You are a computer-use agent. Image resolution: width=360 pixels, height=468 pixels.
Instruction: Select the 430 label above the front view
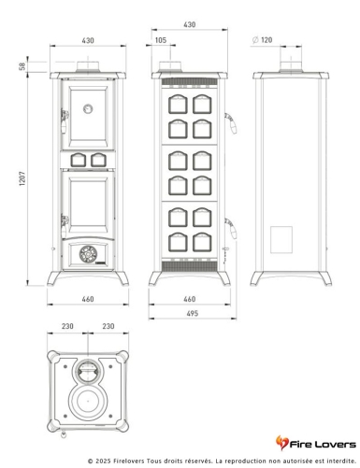[x=89, y=40]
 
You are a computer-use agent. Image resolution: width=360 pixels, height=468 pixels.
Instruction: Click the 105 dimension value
[x=161, y=40]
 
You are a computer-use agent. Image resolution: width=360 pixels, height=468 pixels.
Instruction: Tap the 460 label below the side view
[x=190, y=299]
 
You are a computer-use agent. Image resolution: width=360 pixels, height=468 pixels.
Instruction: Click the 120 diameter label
[x=266, y=40]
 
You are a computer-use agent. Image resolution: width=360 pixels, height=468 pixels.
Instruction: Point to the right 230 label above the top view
[x=108, y=326]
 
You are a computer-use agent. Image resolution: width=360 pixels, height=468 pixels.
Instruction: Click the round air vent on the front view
[x=89, y=251]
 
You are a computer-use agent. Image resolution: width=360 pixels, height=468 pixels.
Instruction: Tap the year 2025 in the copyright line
[x=110, y=461]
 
